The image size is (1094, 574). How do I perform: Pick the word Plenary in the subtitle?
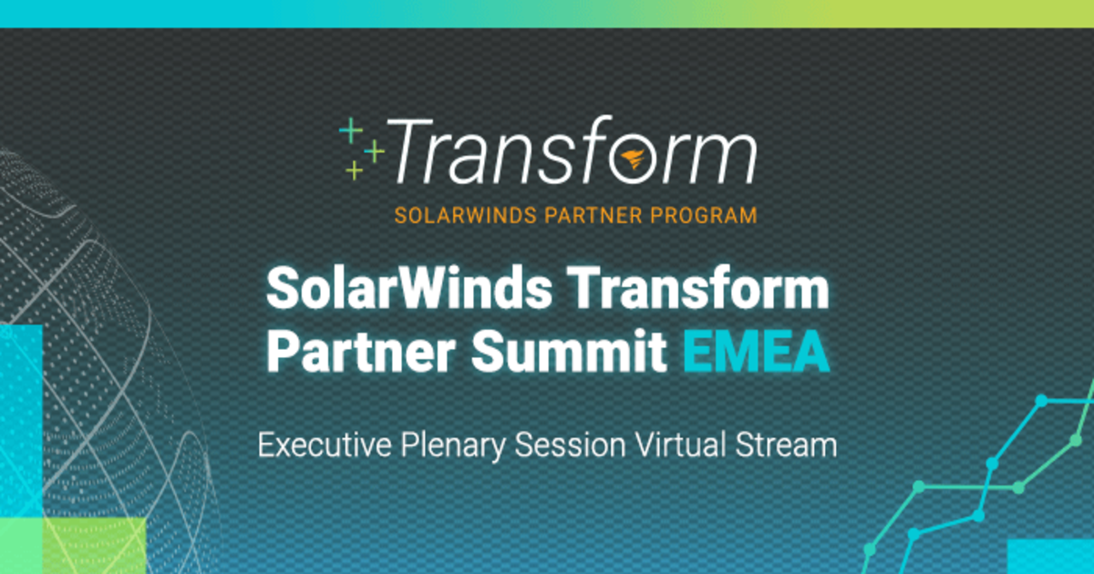click(x=452, y=446)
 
